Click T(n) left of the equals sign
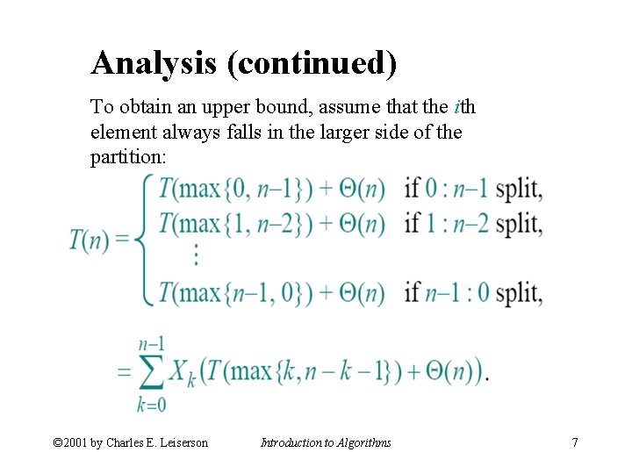coord(90,239)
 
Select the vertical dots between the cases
coord(194,255)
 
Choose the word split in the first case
coord(519,190)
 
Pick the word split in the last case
coord(519,292)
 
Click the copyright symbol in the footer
coord(59,442)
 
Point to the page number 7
coord(575,442)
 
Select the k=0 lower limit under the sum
coord(151,406)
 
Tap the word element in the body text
coord(116,134)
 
